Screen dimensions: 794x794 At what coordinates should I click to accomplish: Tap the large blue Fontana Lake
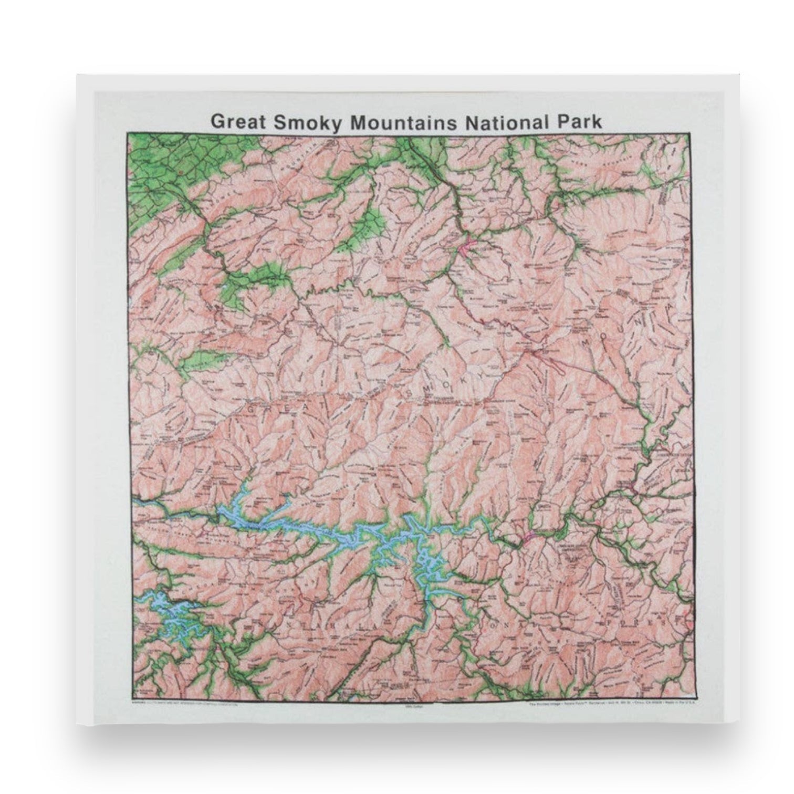click(x=336, y=536)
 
